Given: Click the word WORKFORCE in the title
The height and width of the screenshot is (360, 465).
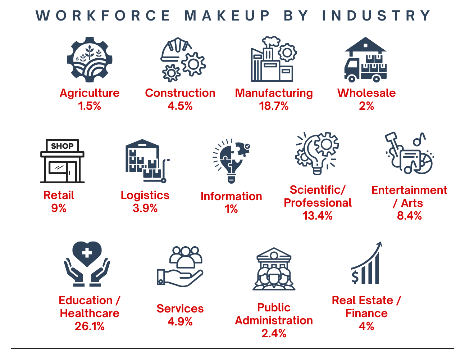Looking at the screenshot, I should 103,15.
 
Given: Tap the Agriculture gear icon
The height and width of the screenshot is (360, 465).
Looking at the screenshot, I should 90,59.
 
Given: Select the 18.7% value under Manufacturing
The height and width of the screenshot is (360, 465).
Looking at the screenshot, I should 274,106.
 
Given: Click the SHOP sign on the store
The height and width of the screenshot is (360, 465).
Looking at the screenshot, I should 62,146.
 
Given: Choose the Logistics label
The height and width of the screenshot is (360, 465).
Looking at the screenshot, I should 145,195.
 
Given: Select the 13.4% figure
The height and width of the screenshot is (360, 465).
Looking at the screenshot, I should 318,216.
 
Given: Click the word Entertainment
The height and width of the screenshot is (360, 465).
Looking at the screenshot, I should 409,190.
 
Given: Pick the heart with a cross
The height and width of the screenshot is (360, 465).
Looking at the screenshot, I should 87,253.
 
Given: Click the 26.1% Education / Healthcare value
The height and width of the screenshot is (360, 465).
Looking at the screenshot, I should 90,326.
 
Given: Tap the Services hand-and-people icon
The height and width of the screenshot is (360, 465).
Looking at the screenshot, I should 180,266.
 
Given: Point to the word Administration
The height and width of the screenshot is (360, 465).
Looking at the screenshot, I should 274,320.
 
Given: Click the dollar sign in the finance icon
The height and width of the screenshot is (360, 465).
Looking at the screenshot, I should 355,276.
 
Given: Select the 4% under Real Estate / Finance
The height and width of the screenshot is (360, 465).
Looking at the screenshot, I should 366,326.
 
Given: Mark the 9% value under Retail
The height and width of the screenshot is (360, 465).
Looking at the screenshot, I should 59,208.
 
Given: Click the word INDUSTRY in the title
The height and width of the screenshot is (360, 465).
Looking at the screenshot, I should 376,15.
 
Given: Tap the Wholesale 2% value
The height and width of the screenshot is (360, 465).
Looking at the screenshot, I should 366,106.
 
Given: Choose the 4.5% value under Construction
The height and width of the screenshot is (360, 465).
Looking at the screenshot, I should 180,106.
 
